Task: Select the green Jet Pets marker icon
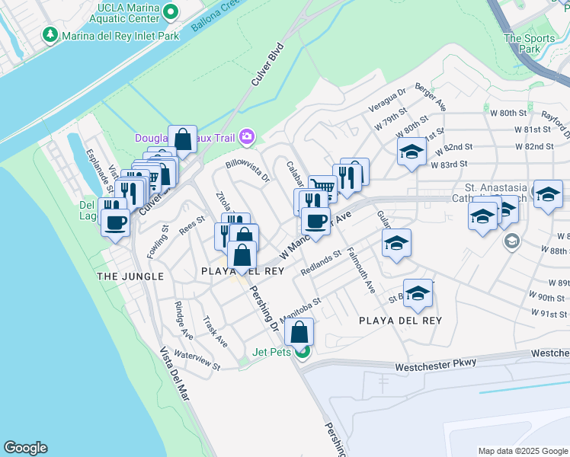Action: click(303, 352)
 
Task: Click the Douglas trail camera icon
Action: click(247, 137)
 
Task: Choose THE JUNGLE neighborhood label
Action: click(130, 276)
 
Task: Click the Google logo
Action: click(24, 448)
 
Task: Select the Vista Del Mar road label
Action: click(176, 381)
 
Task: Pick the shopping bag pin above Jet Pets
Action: click(299, 332)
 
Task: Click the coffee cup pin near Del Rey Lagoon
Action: click(115, 222)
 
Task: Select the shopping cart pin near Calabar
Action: click(323, 187)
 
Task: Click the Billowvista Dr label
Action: click(248, 171)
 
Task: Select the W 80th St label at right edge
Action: click(514, 113)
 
